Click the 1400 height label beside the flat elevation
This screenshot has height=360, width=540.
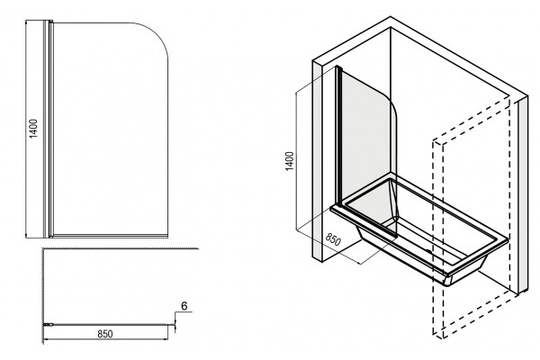(33, 129)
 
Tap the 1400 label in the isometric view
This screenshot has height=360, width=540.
(290, 161)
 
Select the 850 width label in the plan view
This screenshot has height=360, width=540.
(105, 334)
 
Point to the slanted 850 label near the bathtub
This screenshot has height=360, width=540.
(333, 239)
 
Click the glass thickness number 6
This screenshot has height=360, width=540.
(184, 306)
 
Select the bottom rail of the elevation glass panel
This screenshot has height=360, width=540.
(110, 236)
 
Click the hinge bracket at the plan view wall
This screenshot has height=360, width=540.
(48, 324)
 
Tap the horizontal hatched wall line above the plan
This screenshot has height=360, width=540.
(121, 248)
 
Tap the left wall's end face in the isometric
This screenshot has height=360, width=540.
(317, 160)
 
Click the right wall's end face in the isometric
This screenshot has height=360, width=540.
(523, 194)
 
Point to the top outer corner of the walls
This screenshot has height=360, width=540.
(391, 16)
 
